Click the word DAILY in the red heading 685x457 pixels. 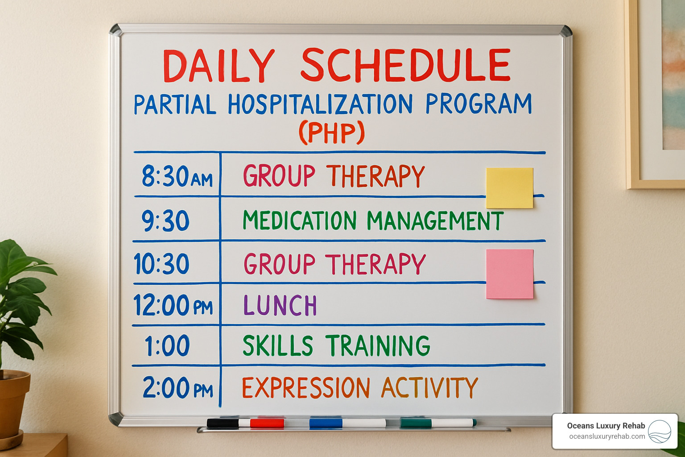(x=218, y=66)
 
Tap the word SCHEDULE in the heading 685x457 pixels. (x=405, y=66)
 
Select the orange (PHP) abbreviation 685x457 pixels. (x=332, y=133)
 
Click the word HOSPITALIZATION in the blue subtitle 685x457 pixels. (x=320, y=104)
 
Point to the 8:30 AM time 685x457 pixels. (x=177, y=176)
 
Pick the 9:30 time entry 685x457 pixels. (x=165, y=220)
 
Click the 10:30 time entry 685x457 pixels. (x=162, y=263)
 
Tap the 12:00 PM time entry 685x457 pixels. (x=173, y=306)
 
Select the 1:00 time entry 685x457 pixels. (x=167, y=346)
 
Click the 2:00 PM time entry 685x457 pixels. (x=177, y=387)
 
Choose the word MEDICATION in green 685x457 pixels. (x=299, y=220)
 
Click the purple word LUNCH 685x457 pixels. (x=280, y=306)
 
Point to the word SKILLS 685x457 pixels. (x=278, y=346)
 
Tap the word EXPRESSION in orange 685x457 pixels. (x=306, y=387)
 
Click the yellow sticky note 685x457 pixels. (x=509, y=187)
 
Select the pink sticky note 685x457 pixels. (x=510, y=274)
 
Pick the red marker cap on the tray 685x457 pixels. (x=267, y=423)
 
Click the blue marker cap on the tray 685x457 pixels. (x=326, y=423)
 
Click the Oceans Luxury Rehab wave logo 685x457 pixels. (x=660, y=432)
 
